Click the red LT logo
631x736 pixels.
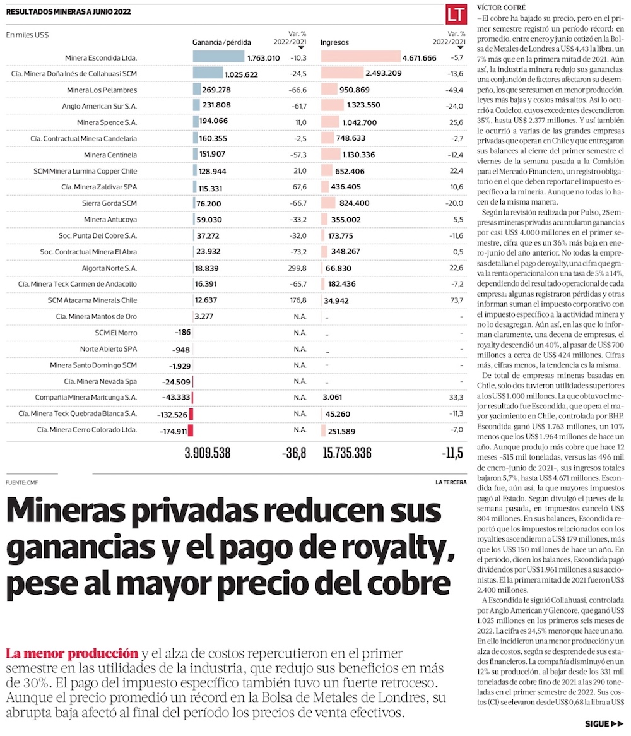455,15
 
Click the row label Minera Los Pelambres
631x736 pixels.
102,90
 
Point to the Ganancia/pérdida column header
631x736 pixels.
221,42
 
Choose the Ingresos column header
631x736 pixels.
334,42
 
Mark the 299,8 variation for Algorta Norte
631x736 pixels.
297,268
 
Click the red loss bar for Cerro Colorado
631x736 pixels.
191,430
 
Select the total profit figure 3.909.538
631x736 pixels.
207,453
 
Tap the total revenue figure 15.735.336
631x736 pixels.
346,453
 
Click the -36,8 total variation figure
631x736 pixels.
294,453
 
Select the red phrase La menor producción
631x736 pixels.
71,653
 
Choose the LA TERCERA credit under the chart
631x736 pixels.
451,483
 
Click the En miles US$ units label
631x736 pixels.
27,35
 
